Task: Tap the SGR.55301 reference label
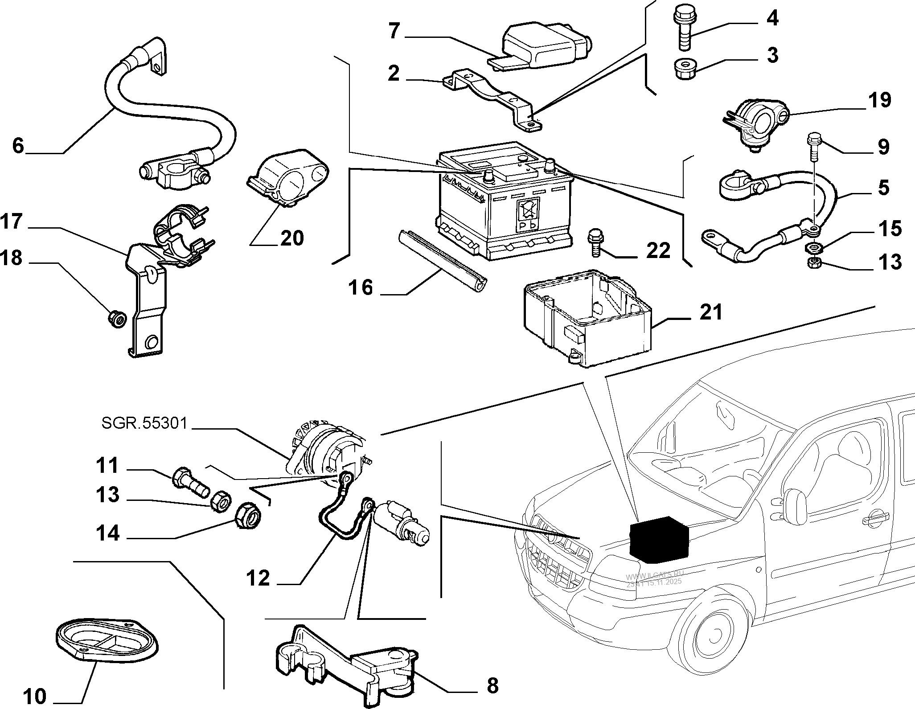coord(144,423)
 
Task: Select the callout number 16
coord(361,287)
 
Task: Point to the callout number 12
coord(258,578)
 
